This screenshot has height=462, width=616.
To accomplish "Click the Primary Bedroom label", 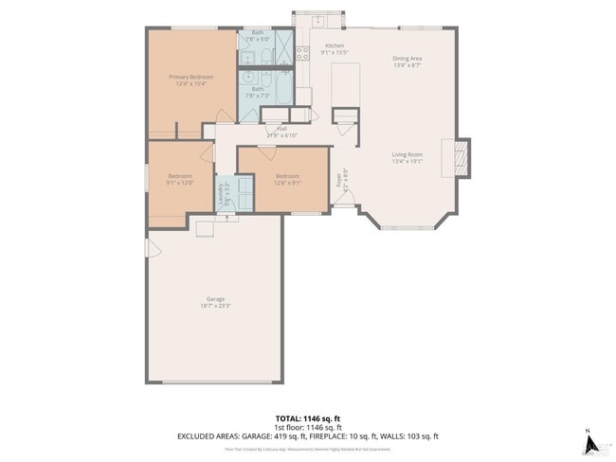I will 190,77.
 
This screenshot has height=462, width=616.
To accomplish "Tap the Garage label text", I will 215,300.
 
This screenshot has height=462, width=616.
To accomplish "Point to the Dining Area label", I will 408,59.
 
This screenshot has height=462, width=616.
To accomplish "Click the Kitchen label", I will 335,46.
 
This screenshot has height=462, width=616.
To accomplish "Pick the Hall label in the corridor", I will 281,128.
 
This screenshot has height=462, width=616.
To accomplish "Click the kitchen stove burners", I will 302,53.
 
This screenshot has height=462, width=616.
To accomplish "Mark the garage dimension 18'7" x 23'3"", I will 215,307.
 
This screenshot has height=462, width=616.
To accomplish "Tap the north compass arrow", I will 589,442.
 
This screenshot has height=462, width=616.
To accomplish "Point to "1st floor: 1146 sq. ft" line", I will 307,427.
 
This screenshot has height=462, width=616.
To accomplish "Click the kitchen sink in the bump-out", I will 319,20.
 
